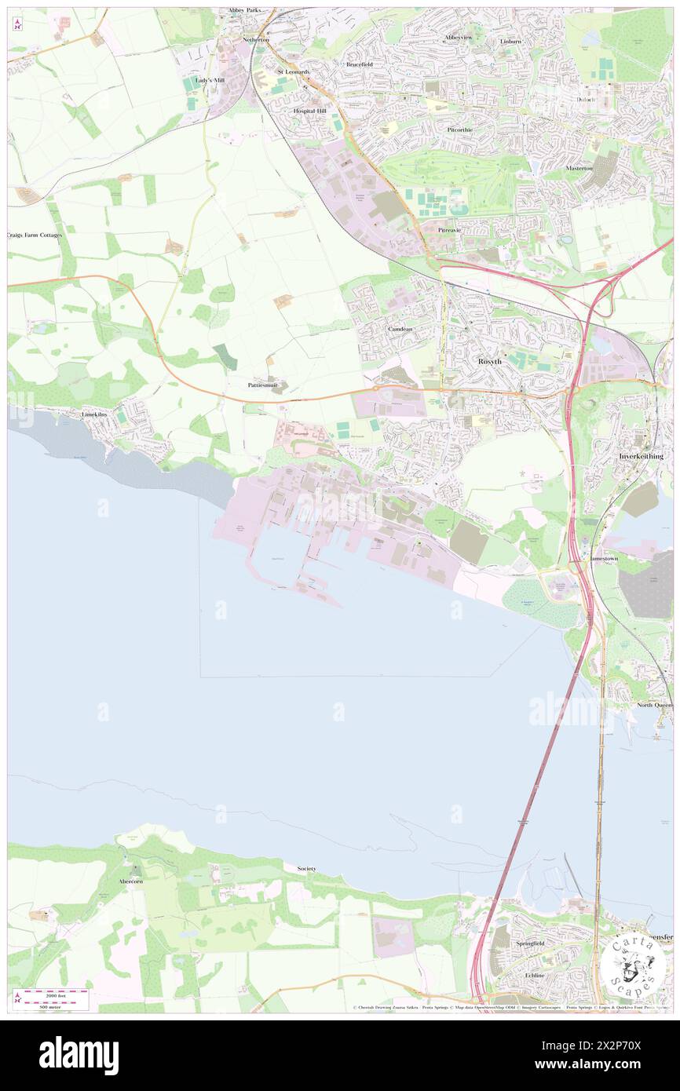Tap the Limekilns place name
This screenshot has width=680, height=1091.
(x=100, y=413)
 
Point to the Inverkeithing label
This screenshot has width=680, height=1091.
(x=640, y=456)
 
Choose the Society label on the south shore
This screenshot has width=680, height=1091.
(x=306, y=869)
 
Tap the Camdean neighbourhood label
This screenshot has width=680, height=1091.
(x=400, y=328)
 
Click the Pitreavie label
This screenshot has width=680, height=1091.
(x=453, y=230)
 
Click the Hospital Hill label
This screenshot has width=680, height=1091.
(x=309, y=111)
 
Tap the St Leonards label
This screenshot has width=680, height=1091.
(x=294, y=72)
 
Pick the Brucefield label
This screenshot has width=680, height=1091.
(x=359, y=64)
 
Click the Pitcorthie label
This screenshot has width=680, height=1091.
(x=459, y=129)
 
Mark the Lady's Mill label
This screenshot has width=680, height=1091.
(x=210, y=80)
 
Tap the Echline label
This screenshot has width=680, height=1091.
(x=534, y=975)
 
